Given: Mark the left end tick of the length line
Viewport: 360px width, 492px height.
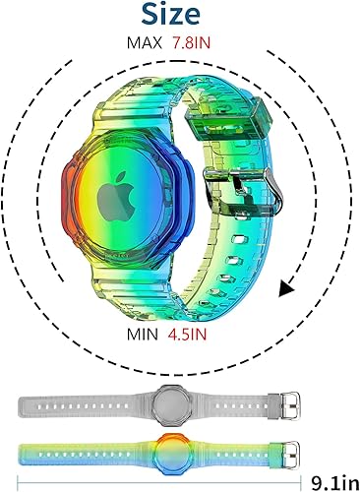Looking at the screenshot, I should pyautogui.click(x=17, y=482).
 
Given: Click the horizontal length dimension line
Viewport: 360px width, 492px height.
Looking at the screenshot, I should pyautogui.click(x=157, y=482).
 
